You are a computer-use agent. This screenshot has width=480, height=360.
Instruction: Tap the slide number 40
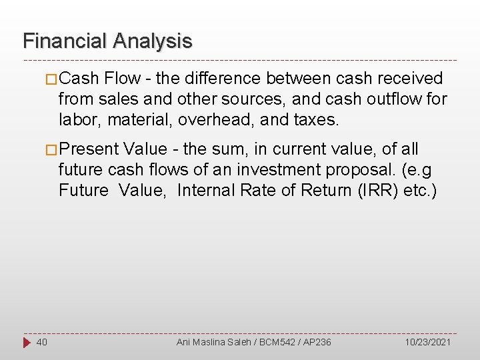(41, 342)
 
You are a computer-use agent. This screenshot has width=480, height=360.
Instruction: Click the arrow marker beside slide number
(25, 342)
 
